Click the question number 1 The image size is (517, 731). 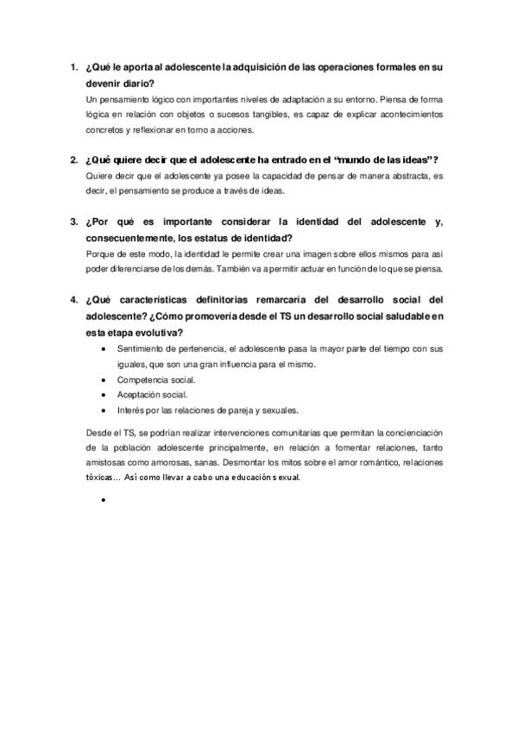[73, 66]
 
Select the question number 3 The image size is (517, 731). [73, 222]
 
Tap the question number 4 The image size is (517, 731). [73, 300]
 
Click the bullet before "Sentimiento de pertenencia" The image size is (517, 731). [104, 350]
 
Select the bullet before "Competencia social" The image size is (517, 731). [104, 380]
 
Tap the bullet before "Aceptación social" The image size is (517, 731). [104, 395]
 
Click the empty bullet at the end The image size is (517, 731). [104, 499]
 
